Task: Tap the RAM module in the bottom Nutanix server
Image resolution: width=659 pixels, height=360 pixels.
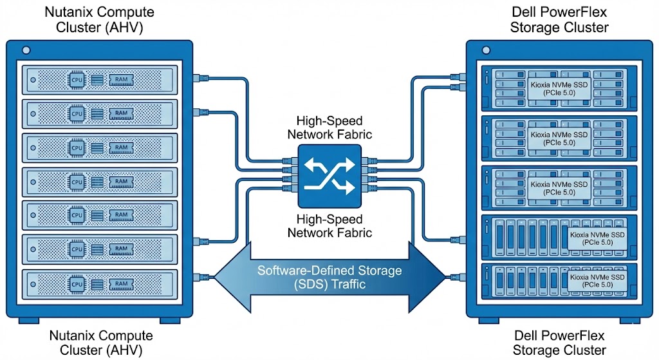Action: (120, 284)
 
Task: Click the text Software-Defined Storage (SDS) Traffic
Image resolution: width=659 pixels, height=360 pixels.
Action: (329, 277)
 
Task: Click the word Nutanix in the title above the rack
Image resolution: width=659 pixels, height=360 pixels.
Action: (66, 12)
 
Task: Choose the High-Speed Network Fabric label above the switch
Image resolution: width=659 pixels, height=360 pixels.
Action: (329, 127)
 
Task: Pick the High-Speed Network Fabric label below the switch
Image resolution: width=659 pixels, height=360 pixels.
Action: (329, 225)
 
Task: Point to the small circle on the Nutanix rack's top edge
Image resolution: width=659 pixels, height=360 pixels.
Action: (25, 50)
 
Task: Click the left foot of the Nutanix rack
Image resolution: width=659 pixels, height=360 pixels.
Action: (29, 320)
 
